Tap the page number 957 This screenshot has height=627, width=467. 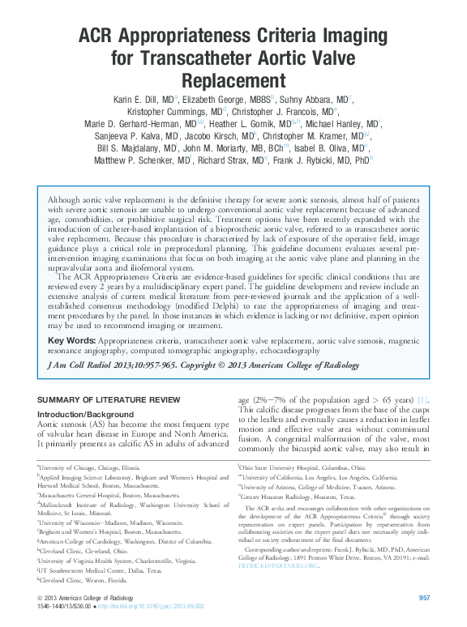(423, 598)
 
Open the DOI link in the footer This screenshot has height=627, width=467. (154, 606)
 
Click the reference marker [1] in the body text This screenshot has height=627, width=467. (422, 400)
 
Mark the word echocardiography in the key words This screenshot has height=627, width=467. (272, 351)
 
